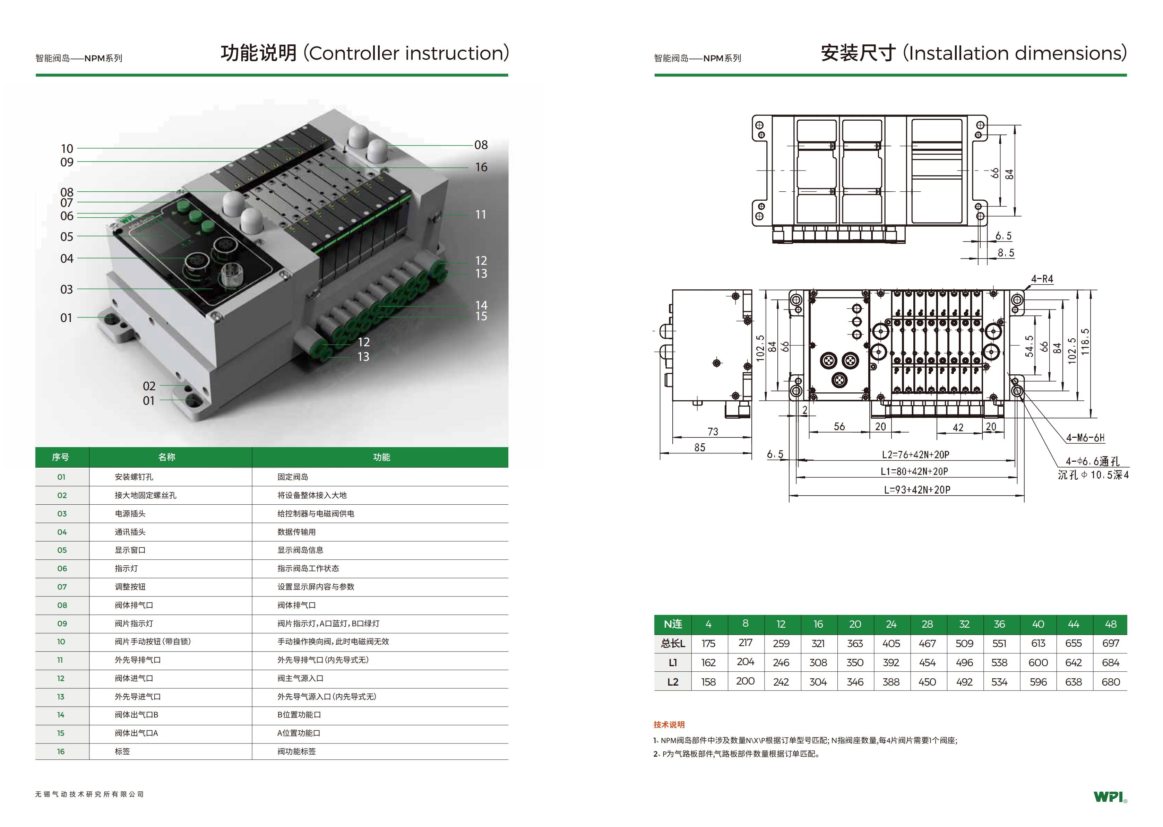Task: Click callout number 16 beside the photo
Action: [x=481, y=167]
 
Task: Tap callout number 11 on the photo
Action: [x=480, y=215]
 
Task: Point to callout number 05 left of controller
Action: [x=67, y=237]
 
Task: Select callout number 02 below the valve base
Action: [x=149, y=386]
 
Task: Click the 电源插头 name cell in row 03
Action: [x=130, y=514]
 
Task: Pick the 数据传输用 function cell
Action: [x=296, y=532]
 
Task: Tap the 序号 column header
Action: [x=61, y=457]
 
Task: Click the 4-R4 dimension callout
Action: [x=1042, y=279]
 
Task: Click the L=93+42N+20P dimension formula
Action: [x=917, y=490]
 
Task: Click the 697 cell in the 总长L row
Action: [x=1111, y=644]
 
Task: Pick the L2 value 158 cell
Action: [x=708, y=682]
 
